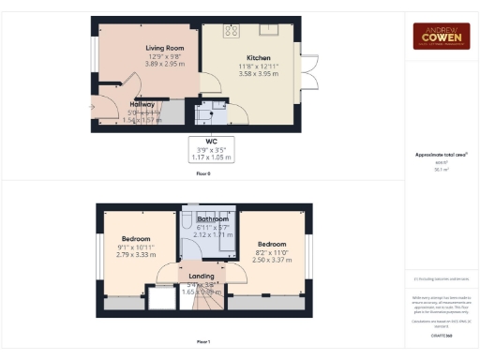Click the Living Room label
[x=164, y=47]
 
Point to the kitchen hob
[x=230, y=30]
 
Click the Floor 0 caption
[x=203, y=174]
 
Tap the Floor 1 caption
[x=203, y=341]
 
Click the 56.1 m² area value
[x=441, y=170]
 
